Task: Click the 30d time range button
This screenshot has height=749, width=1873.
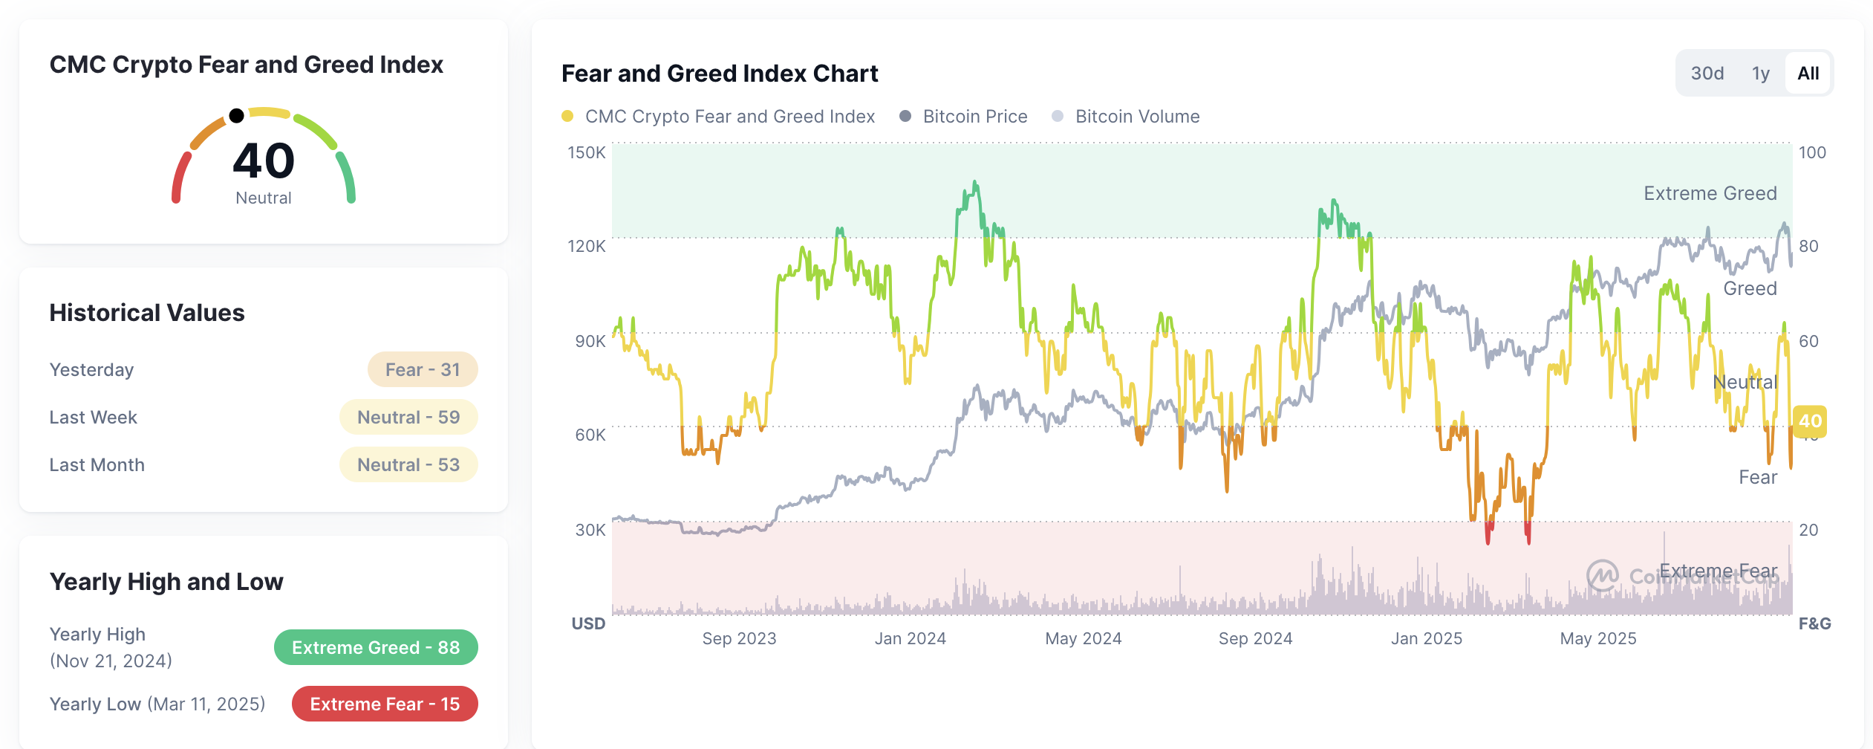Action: point(1707,74)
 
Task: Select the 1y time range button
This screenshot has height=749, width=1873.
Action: point(1760,74)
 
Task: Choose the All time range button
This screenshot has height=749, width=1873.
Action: point(1808,74)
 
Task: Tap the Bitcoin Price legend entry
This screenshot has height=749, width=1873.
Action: point(963,117)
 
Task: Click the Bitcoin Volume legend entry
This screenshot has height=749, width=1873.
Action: point(1126,117)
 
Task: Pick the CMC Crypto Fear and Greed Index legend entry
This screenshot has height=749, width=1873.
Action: point(718,117)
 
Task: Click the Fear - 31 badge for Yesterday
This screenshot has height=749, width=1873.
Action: point(422,369)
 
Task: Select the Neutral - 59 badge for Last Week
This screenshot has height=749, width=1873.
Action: point(408,417)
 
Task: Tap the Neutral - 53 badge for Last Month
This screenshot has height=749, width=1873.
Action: point(408,464)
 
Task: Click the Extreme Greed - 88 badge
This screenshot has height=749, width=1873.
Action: point(375,647)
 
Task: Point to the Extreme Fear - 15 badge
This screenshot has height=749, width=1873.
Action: point(384,704)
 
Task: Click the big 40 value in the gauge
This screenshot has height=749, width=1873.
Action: point(264,161)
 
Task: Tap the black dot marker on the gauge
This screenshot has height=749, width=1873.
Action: point(236,115)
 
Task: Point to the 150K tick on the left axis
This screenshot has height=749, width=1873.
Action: point(586,152)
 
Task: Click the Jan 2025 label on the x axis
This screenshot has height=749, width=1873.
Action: point(1426,638)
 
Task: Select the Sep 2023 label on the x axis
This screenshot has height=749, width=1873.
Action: point(739,638)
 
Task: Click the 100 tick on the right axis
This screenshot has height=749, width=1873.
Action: point(1811,152)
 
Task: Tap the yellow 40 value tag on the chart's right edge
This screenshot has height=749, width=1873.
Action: point(1809,421)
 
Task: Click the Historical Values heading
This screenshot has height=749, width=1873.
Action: point(147,313)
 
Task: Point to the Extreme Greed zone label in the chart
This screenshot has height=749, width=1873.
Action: point(1710,193)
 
